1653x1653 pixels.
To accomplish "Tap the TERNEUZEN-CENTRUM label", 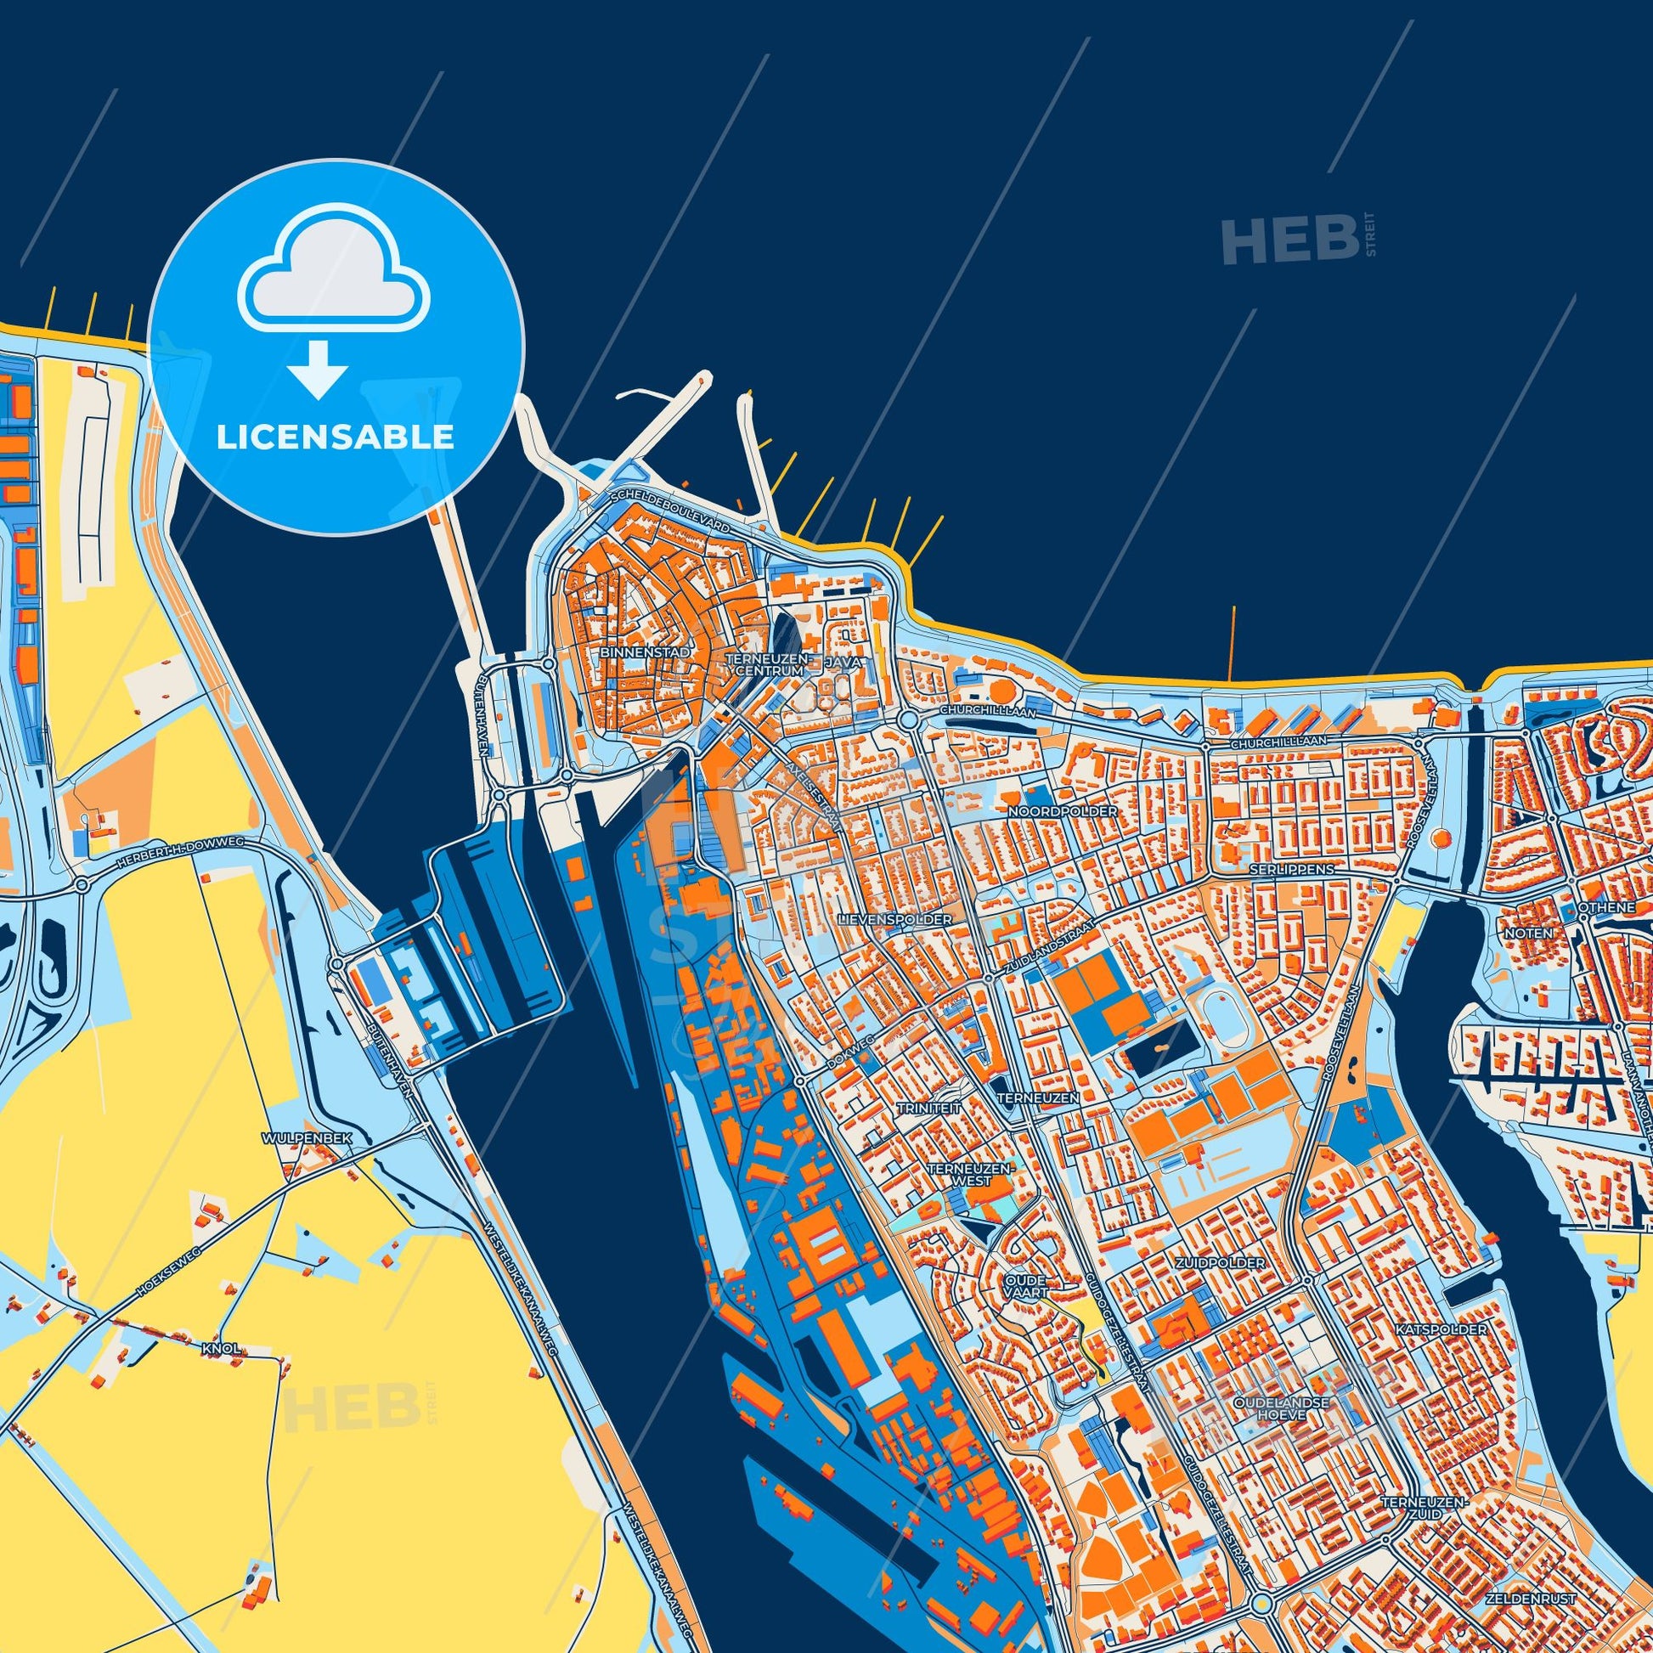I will [764, 665].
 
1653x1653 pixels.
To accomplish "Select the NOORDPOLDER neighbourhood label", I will [1063, 810].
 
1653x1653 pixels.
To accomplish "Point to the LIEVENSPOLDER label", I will [896, 920].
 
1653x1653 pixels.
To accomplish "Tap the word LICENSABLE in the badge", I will [335, 437].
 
